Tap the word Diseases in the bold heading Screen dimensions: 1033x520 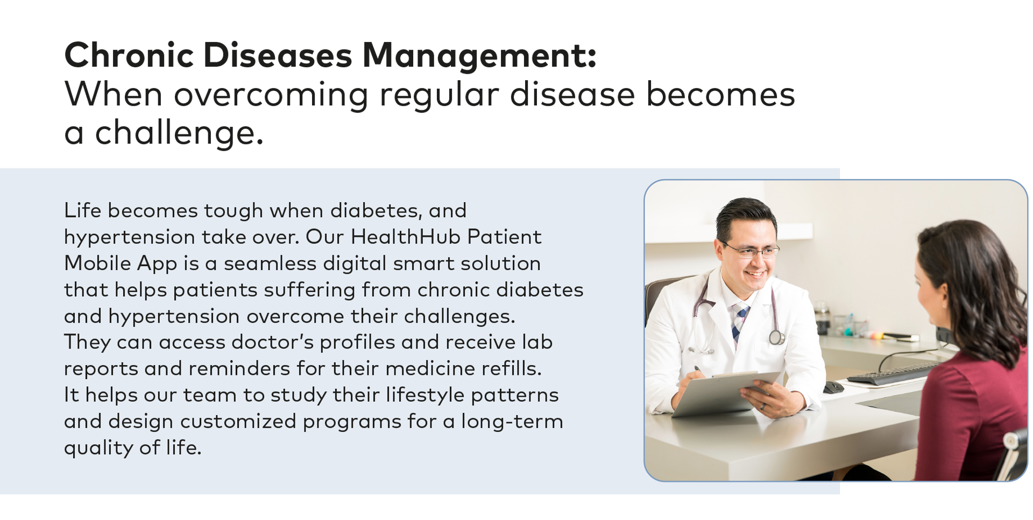click(278, 55)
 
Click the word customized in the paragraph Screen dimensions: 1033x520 click(238, 421)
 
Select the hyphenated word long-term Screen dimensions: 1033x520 click(512, 421)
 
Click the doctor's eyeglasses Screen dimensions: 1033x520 click(753, 251)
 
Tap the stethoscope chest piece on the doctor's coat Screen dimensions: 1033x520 click(776, 338)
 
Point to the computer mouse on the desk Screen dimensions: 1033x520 click(833, 387)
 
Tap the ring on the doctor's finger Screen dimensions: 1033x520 click(762, 407)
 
